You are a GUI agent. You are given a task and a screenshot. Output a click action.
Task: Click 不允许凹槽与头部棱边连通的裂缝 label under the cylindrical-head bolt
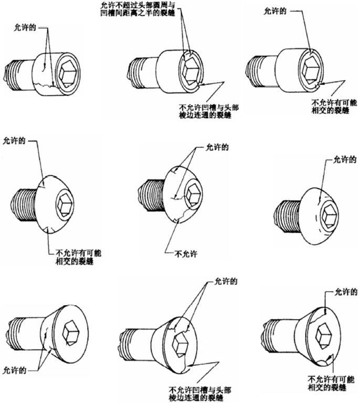(209, 111)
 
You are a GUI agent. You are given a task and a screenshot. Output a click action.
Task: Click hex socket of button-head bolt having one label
(329, 214)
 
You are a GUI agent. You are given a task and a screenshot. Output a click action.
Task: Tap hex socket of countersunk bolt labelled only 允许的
(72, 333)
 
